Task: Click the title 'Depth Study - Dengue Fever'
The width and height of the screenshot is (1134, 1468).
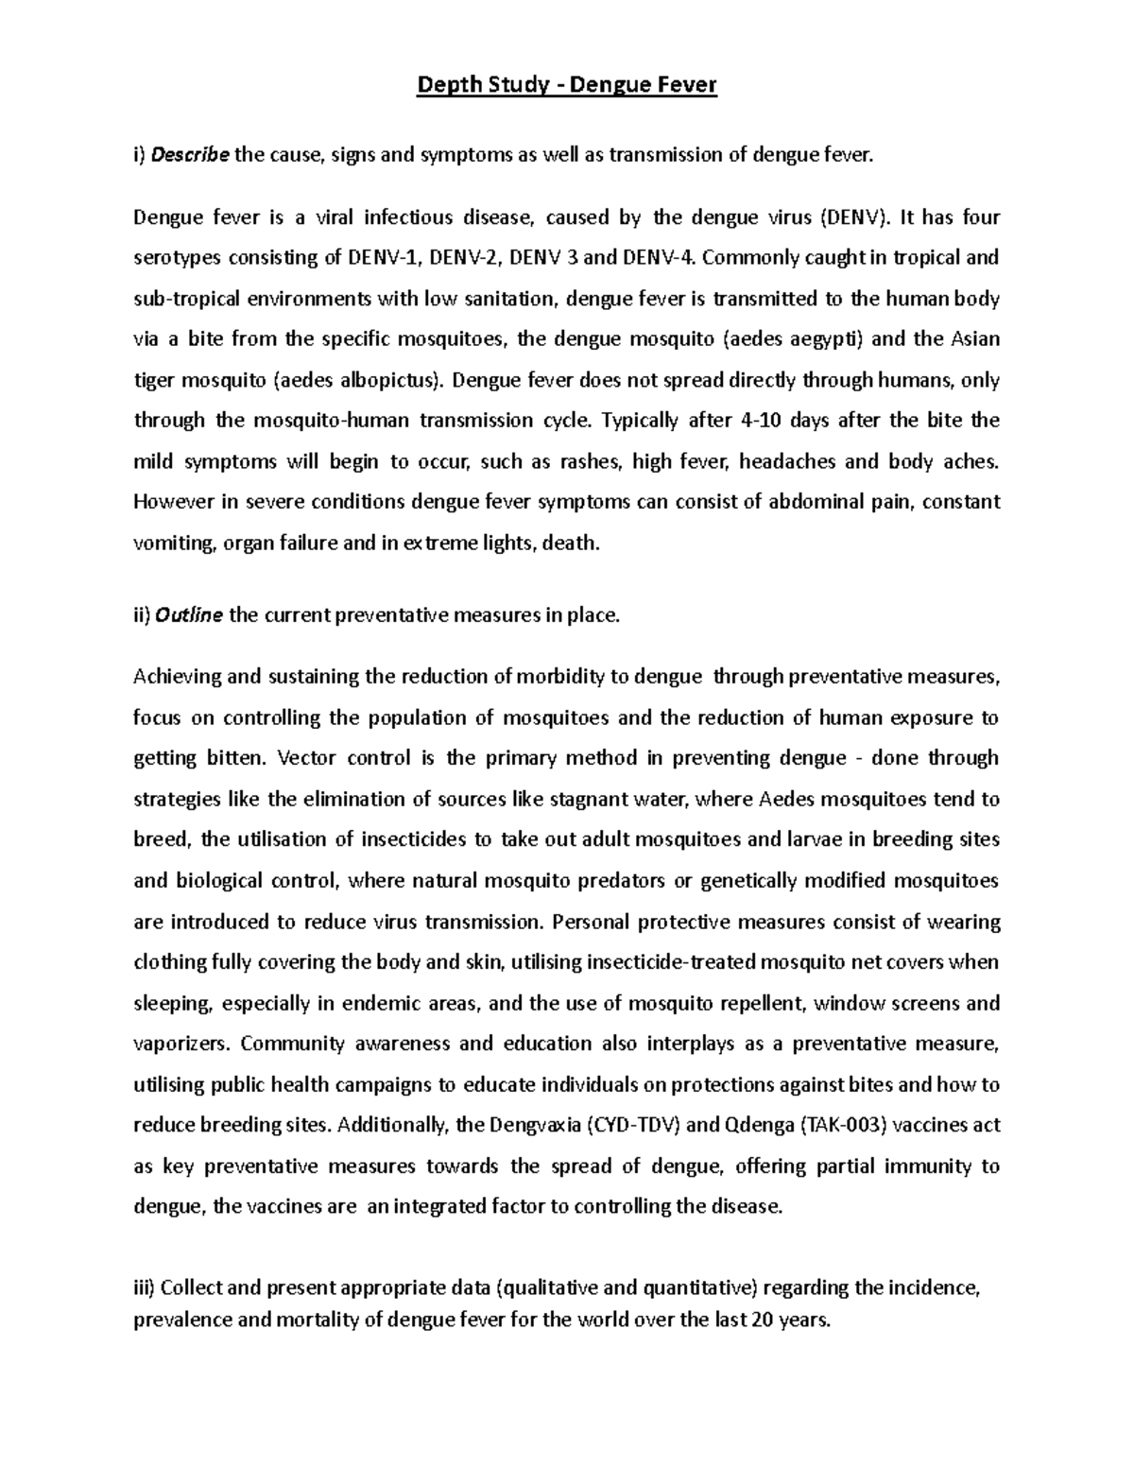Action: point(567,86)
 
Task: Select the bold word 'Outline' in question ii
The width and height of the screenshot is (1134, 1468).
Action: point(189,616)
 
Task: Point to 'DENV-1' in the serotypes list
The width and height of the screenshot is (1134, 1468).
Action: point(384,258)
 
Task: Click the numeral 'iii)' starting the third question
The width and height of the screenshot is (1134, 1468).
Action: point(145,1287)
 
